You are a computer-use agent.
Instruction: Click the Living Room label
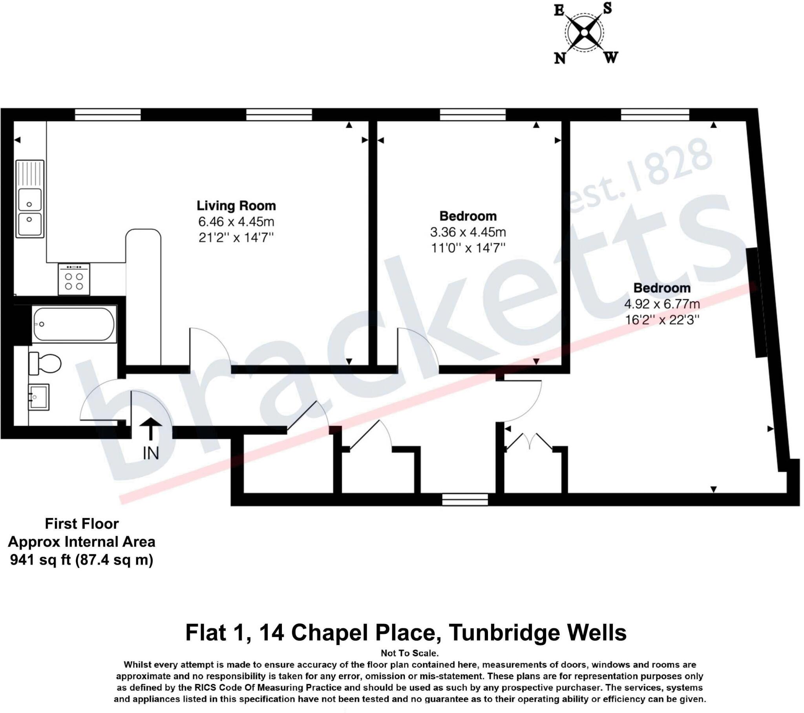pos(236,205)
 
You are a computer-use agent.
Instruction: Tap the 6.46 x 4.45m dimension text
pos(236,221)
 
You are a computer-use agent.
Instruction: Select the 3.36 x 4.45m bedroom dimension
pos(468,232)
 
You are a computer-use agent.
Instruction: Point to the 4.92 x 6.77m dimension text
pos(662,304)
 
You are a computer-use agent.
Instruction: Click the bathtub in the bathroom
pos(74,324)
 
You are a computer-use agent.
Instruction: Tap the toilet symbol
pos(45,363)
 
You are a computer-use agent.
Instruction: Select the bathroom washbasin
pos(38,397)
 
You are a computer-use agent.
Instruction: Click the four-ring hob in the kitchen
pos(74,279)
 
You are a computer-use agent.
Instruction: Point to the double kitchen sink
pos(30,199)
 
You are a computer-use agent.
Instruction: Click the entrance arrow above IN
pos(151,428)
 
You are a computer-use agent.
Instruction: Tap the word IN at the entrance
pos(151,454)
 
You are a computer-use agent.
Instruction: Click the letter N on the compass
pos(560,58)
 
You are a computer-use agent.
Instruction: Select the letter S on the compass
pos(608,8)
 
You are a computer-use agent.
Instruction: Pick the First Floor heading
pos(82,524)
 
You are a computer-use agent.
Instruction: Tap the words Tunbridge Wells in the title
pos(537,633)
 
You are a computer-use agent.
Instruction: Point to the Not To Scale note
pos(409,653)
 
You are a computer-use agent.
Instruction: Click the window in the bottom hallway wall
pos(465,500)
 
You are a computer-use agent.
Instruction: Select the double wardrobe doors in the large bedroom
pos(529,441)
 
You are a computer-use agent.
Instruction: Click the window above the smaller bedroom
pos(472,115)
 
